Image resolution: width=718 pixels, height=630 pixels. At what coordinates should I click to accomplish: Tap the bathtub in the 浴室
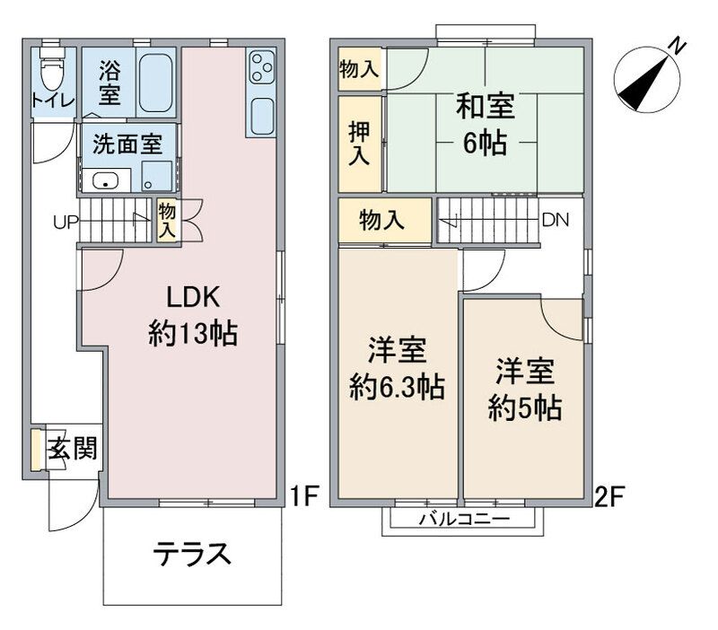tap(156, 81)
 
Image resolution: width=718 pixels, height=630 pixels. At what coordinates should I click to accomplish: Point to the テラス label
tap(192, 554)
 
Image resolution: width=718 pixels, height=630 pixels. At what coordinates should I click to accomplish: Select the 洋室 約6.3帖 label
tap(396, 368)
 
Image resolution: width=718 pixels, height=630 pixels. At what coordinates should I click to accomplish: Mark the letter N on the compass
tap(679, 44)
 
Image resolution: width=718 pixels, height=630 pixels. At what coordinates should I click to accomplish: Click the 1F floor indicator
tap(306, 496)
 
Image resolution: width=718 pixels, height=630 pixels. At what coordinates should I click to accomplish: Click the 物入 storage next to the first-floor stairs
tap(167, 221)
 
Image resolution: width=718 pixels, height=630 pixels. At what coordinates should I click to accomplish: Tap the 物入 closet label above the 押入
tap(358, 69)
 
